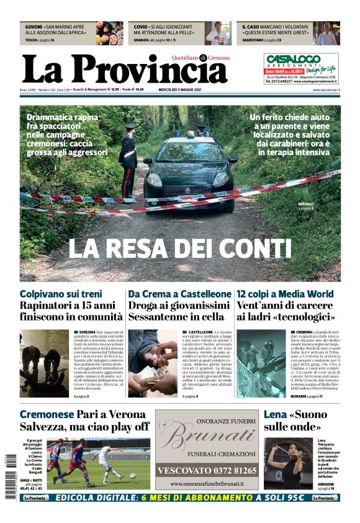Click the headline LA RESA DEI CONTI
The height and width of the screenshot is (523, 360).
click(x=180, y=248)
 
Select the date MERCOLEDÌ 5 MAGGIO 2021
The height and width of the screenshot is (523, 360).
click(x=180, y=89)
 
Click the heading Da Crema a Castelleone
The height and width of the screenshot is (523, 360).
click(x=179, y=293)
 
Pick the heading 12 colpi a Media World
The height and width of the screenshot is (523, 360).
click(x=285, y=293)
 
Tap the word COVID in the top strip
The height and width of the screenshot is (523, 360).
click(x=140, y=27)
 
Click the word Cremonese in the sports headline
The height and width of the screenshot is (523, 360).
click(x=47, y=414)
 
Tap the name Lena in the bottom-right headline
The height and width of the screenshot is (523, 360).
click(x=275, y=414)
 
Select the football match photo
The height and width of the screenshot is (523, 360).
click(x=98, y=464)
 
